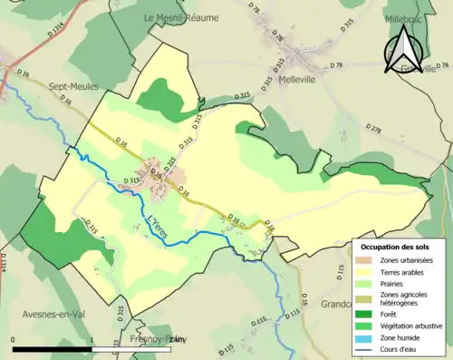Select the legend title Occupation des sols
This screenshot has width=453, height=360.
coord(395,247)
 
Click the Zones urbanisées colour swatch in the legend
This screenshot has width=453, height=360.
coord(367,260)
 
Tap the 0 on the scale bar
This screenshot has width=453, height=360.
coord(13,339)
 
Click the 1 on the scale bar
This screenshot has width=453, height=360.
coord(92,339)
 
